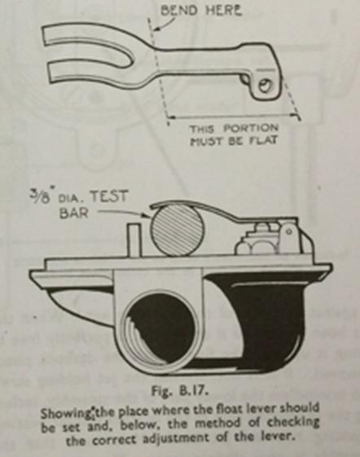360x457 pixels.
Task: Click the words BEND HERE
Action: (x=201, y=11)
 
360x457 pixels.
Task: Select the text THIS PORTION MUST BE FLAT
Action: (x=234, y=134)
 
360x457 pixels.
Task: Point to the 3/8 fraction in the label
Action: (x=39, y=197)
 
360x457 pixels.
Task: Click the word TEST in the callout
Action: (x=108, y=197)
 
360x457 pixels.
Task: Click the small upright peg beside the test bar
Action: (x=134, y=239)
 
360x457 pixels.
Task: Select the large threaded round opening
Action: (x=160, y=330)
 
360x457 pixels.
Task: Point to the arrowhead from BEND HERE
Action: (x=156, y=29)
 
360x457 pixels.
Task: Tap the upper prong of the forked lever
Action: (x=87, y=39)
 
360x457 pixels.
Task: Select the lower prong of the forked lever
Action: (x=96, y=77)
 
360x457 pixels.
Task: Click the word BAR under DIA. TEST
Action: (x=74, y=213)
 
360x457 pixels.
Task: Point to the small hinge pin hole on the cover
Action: (x=288, y=231)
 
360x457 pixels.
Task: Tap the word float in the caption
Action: (x=226, y=410)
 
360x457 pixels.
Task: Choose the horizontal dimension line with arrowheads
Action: (x=234, y=116)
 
